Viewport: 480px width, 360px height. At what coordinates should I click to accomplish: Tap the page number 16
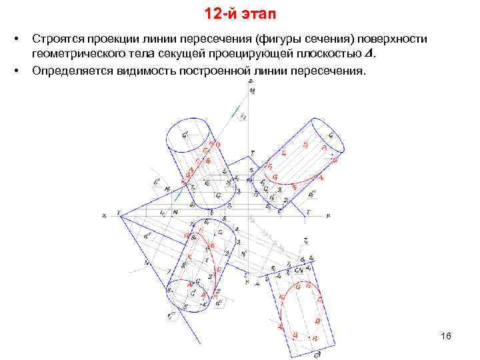click(446, 336)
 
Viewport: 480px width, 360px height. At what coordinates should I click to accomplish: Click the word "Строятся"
click(63, 39)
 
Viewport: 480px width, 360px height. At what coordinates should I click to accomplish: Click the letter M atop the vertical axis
click(251, 90)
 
